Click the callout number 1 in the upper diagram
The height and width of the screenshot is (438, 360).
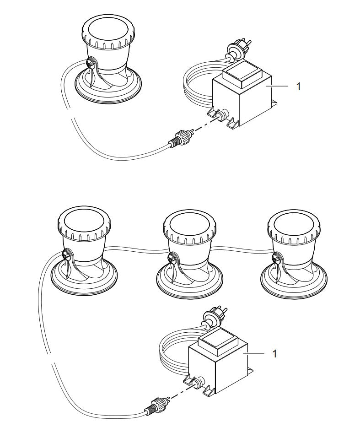(299, 86)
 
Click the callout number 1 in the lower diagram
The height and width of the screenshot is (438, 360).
(274, 354)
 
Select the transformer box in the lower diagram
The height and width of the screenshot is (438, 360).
(218, 366)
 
